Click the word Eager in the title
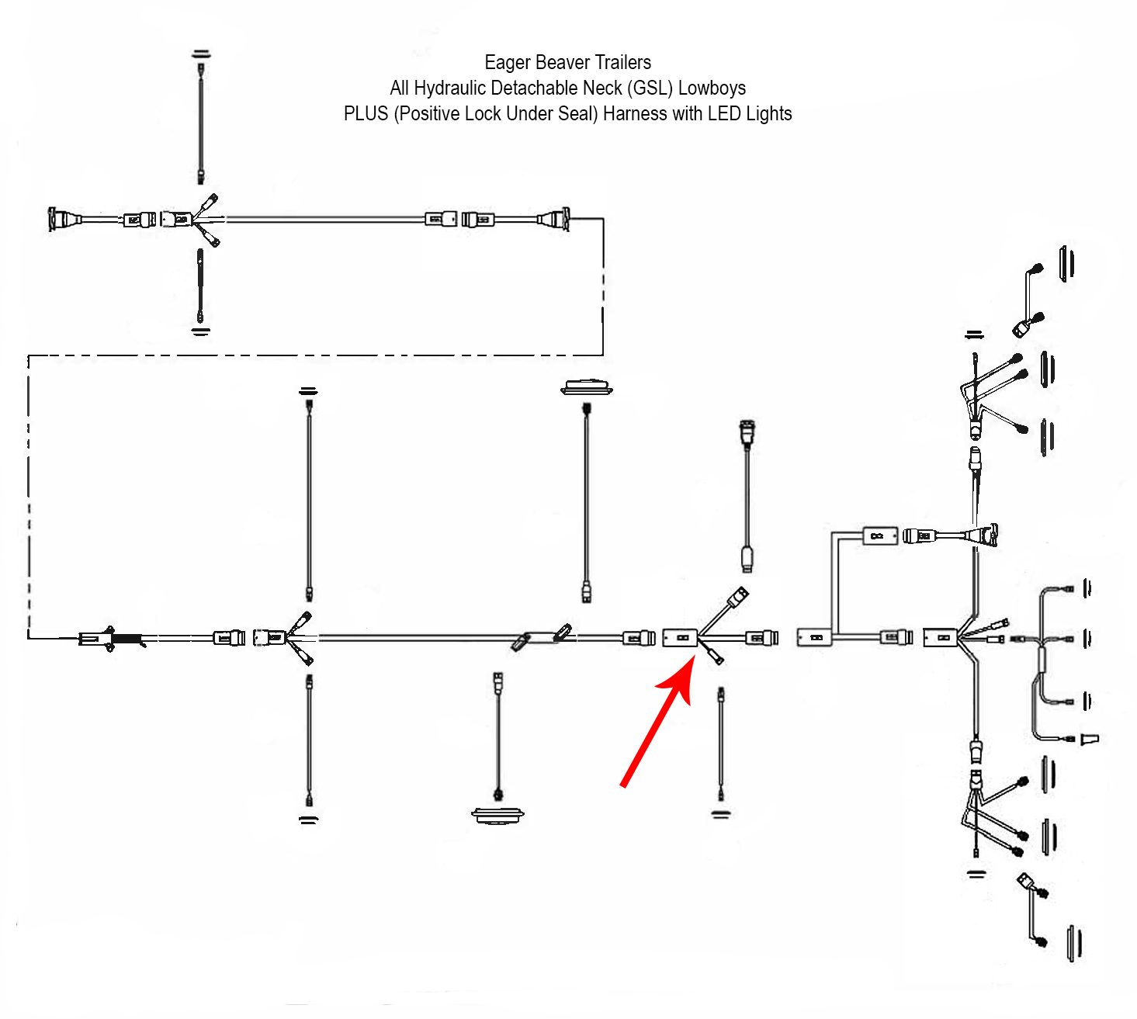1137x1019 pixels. [508, 63]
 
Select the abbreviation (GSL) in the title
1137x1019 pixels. [650, 88]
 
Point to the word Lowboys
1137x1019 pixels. [712, 88]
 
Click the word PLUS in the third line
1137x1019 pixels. [366, 114]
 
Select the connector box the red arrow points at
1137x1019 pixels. [680, 637]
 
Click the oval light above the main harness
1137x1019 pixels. [587, 386]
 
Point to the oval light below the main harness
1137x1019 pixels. [497, 815]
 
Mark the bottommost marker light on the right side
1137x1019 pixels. [1074, 943]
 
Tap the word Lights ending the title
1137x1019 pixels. [768, 114]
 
